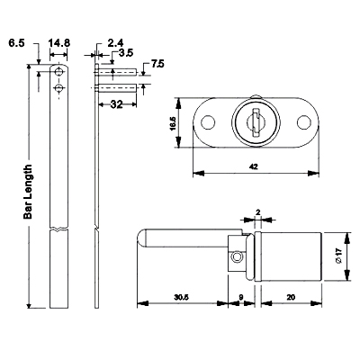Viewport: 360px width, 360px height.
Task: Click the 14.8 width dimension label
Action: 59,43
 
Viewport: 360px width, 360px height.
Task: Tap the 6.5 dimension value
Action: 16,43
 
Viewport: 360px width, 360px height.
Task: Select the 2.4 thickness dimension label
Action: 115,43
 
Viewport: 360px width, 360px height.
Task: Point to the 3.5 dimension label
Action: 126,53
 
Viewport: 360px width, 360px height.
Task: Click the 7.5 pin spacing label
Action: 157,64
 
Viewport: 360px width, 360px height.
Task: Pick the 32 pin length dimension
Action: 116,104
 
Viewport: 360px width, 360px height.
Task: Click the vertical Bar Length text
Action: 28,192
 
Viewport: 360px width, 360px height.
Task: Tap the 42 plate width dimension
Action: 254,166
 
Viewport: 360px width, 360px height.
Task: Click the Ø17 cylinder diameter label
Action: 339,256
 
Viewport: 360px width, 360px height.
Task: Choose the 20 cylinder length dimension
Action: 291,297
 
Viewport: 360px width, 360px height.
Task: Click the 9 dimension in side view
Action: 240,297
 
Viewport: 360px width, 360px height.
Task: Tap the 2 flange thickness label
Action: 258,212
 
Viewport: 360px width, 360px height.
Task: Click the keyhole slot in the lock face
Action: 256,123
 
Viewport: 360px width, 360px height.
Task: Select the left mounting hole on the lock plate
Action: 208,122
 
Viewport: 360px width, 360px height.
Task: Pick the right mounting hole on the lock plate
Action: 304,122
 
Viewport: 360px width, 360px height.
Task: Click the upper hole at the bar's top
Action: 58,72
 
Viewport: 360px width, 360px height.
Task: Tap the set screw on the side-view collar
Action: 237,256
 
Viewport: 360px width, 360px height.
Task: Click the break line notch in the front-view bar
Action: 58,229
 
